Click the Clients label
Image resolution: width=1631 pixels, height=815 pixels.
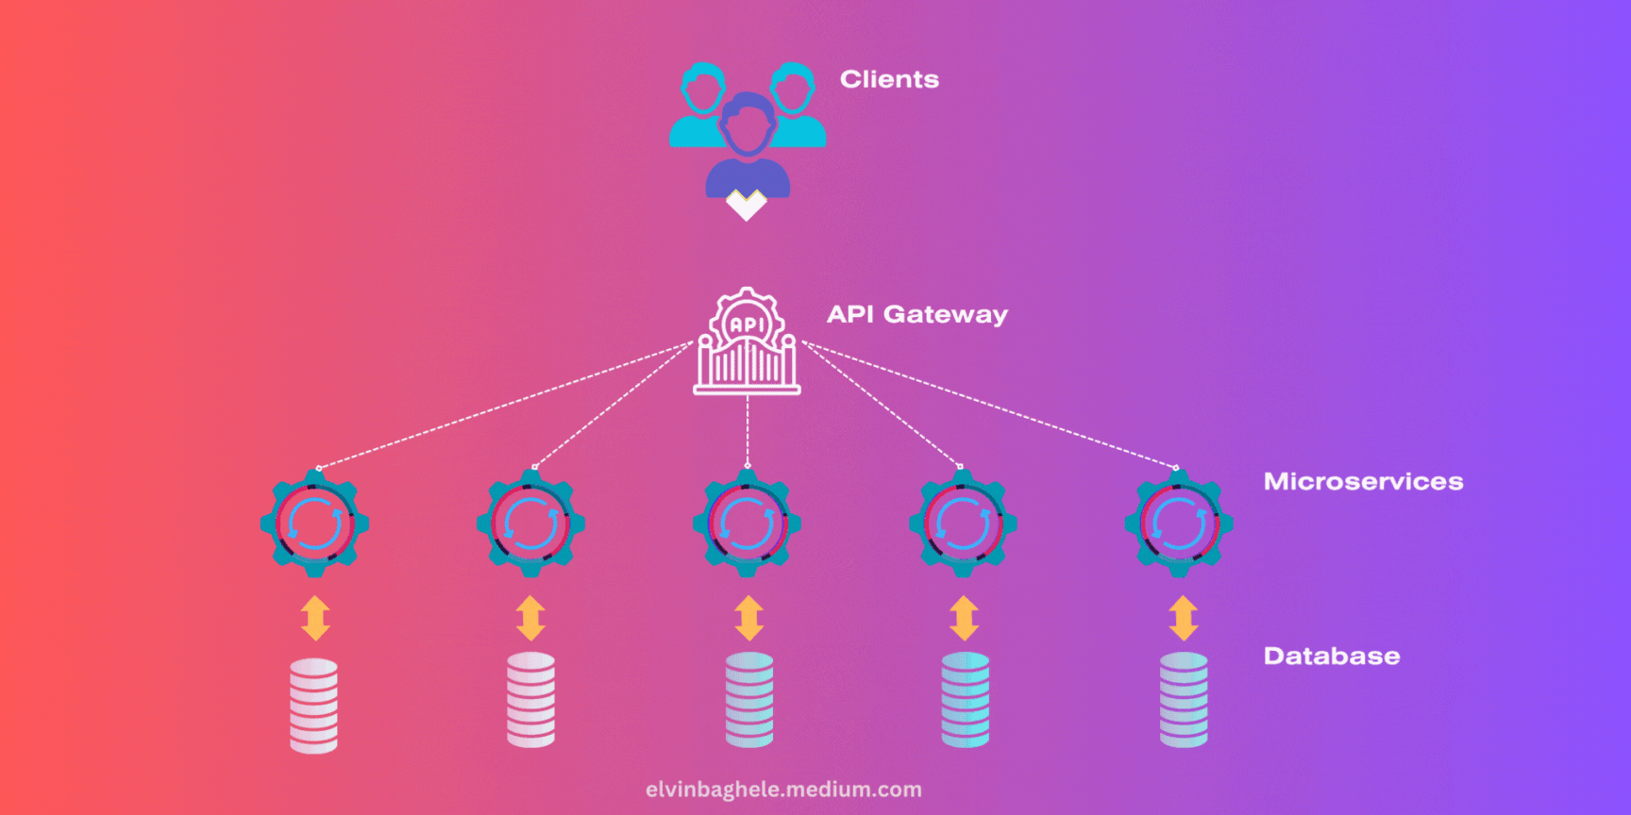(x=889, y=79)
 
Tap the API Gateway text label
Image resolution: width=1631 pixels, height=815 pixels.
(x=916, y=314)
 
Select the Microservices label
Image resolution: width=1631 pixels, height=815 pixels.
(x=1363, y=482)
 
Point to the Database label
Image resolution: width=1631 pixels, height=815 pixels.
(x=1331, y=657)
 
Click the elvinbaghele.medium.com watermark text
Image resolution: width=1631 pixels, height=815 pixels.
(x=783, y=790)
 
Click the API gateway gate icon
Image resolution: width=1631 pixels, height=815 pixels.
(x=747, y=344)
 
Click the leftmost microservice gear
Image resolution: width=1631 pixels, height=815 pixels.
(x=314, y=524)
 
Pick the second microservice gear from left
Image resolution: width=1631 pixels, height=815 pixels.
(x=530, y=524)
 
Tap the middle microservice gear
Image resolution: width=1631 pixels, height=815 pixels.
(x=747, y=524)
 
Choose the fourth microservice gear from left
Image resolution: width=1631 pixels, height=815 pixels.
(x=963, y=524)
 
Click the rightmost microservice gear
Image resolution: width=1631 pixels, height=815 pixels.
(x=1179, y=524)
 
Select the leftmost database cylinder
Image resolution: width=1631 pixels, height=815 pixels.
(x=313, y=706)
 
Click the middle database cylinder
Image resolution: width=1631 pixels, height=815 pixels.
(x=749, y=700)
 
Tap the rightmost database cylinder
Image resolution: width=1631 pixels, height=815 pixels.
(x=1184, y=700)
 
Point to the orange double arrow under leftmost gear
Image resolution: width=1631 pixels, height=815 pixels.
(x=315, y=619)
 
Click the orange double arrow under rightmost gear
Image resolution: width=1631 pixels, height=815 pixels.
(x=1184, y=619)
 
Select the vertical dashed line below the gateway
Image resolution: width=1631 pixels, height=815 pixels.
(x=748, y=429)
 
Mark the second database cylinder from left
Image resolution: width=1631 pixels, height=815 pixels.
(x=531, y=700)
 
